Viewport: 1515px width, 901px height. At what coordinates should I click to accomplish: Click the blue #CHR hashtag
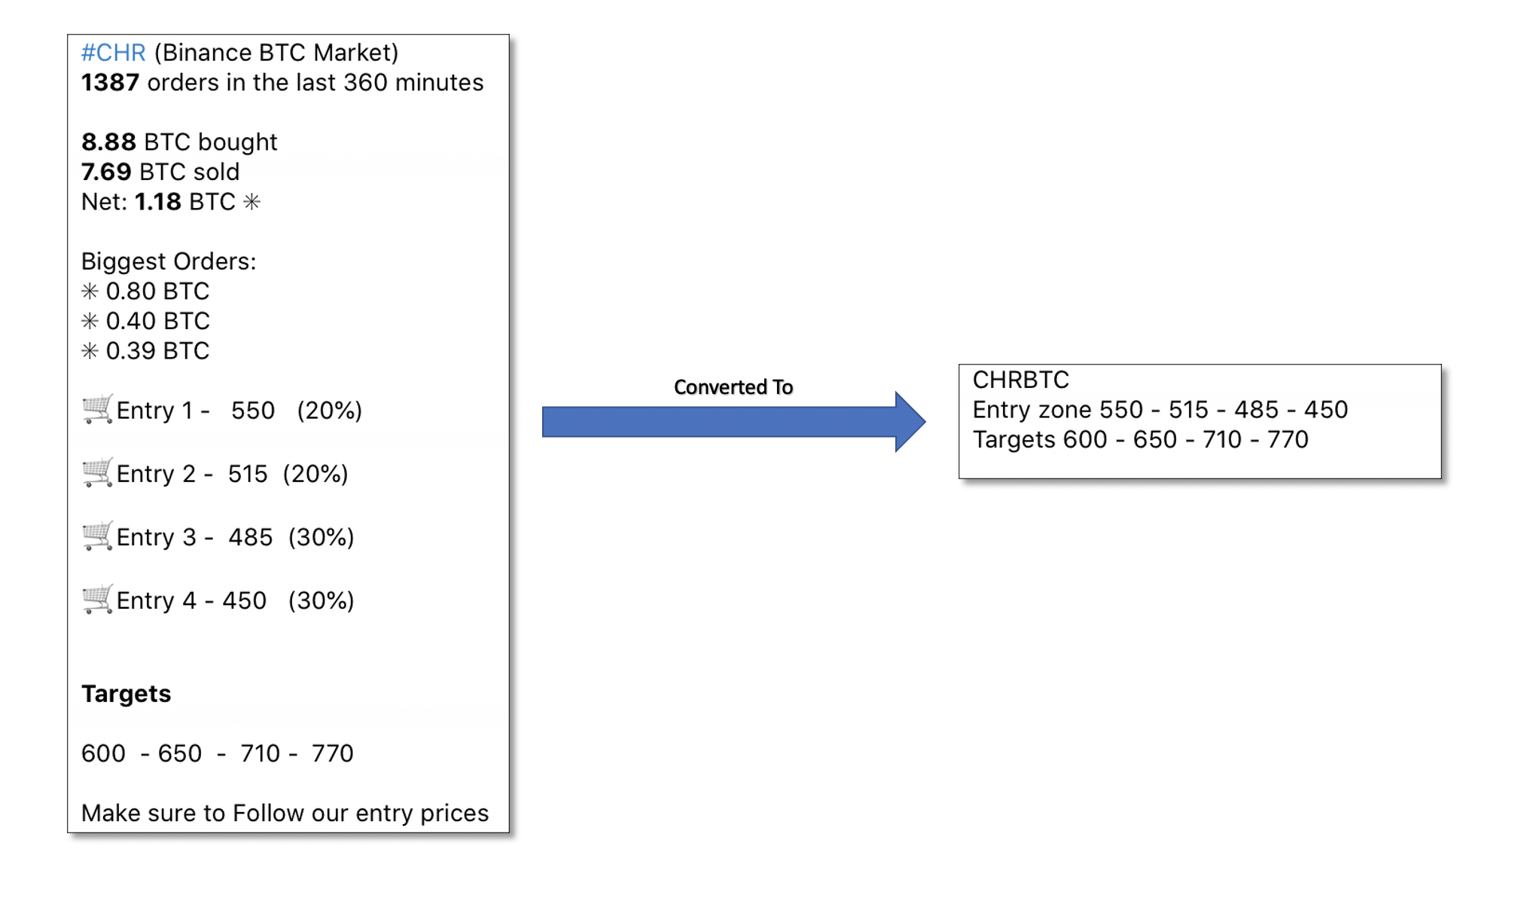113,53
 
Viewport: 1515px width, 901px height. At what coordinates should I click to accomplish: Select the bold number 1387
110,83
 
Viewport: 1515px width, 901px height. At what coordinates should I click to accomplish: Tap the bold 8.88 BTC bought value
108,142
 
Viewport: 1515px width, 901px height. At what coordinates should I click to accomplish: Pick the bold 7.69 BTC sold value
106,173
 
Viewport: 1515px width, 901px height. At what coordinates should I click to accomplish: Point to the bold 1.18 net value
157,202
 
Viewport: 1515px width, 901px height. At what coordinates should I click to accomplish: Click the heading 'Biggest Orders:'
169,261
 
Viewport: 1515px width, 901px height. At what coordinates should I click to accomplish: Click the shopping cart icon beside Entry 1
97,409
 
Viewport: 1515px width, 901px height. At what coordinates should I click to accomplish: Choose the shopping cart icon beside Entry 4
97,600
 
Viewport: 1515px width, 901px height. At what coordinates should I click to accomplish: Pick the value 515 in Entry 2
248,474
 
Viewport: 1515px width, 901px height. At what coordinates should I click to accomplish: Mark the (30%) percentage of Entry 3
321,537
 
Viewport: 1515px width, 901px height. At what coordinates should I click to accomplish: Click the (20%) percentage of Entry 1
329,411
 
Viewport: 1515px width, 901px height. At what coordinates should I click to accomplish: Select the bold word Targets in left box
126,694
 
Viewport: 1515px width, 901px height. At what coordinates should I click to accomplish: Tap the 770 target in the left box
332,753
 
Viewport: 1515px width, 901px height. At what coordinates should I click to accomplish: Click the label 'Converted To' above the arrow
733,387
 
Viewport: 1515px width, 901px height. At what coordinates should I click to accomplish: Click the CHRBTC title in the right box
1020,380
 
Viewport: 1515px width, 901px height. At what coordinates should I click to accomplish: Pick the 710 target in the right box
1222,439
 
